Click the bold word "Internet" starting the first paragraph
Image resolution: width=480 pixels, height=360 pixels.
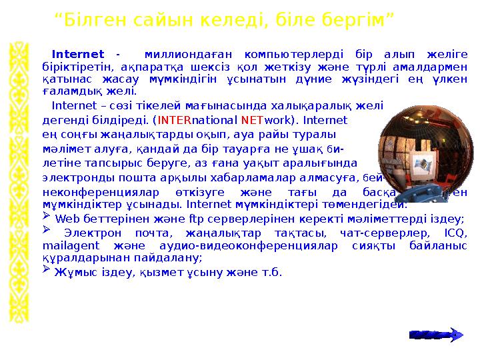point(77,54)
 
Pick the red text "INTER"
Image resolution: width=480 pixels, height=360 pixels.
point(174,121)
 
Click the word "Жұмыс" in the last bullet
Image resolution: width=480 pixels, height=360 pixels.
point(74,272)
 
